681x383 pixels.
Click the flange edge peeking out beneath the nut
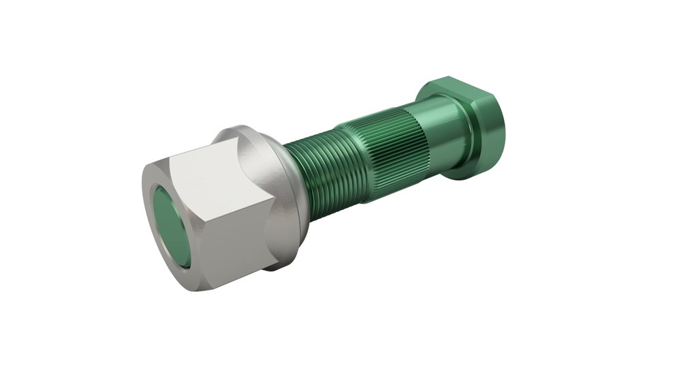(x=272, y=266)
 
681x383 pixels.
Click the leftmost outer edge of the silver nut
(x=144, y=218)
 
